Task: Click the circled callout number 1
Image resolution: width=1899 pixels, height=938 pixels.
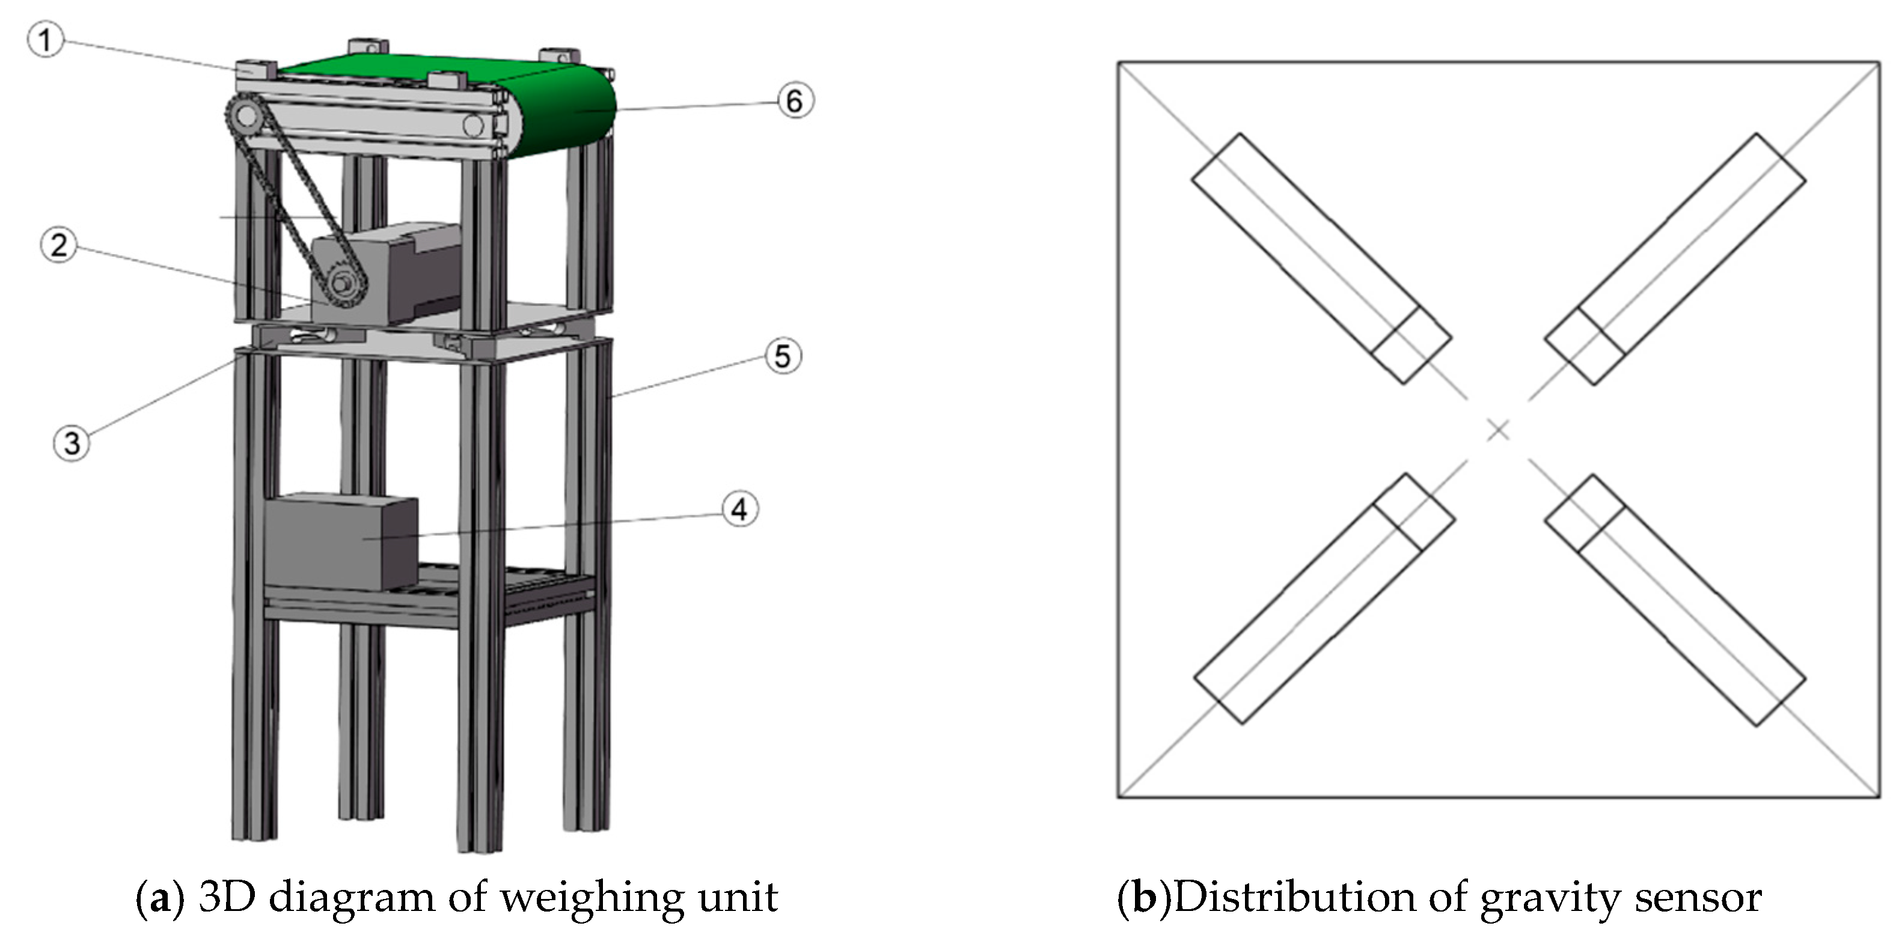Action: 45,40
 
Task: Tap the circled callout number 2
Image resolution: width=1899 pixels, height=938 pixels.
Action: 58,245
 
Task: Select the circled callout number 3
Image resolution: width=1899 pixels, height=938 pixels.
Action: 72,443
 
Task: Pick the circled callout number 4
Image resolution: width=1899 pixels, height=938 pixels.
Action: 739,508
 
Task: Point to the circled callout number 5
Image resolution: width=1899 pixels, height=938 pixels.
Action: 782,356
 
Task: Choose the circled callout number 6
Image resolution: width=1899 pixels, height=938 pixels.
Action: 795,101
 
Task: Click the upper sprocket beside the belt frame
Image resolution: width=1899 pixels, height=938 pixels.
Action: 245,117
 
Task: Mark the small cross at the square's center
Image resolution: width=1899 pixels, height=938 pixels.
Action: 1497,430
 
